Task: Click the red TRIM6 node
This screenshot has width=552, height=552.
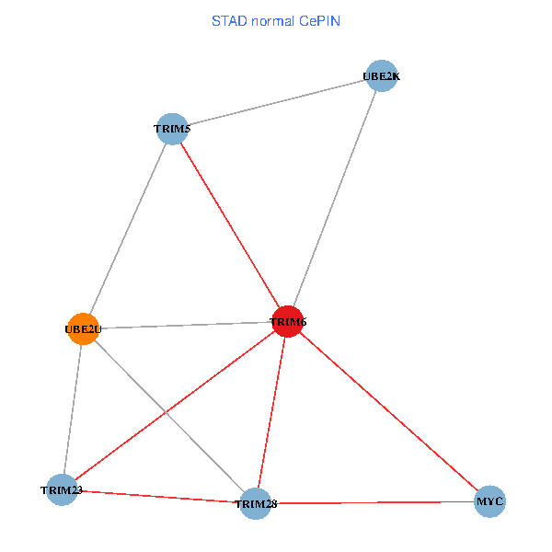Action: tap(288, 321)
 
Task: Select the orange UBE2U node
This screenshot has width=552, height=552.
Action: tap(83, 328)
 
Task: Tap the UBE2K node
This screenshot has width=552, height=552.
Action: tap(381, 75)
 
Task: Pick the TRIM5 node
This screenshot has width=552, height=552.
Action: tap(172, 130)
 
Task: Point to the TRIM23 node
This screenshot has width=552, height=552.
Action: tap(62, 489)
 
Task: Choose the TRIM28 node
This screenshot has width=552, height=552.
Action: tap(255, 504)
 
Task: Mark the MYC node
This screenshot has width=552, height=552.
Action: tap(489, 502)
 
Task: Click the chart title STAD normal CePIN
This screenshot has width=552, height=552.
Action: tap(276, 21)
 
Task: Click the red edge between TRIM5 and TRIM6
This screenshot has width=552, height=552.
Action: tap(230, 225)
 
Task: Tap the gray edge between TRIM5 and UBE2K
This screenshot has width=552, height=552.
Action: tap(276, 103)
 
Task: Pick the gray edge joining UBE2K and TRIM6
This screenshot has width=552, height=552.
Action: tap(334, 199)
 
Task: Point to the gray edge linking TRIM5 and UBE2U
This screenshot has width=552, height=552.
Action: tap(127, 229)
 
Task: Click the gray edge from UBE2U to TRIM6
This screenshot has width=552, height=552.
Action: tap(184, 325)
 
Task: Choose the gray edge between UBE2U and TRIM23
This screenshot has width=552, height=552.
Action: tap(73, 408)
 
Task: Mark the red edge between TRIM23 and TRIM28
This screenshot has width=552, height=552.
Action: tap(158, 497)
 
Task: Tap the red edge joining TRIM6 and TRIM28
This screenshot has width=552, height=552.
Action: tap(271, 412)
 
